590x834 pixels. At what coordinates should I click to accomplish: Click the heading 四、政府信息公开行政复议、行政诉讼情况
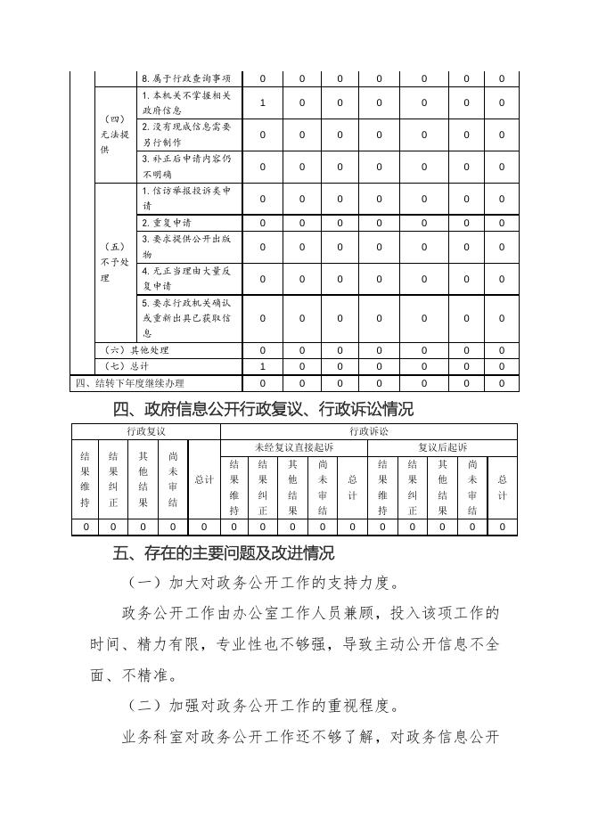264,410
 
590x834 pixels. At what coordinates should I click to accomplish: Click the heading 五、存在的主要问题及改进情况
225,553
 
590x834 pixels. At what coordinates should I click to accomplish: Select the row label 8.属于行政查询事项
186,78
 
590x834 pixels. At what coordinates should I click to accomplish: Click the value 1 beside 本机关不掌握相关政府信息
262,102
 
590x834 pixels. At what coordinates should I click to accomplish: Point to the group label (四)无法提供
116,135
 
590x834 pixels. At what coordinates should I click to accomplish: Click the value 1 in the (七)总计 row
262,366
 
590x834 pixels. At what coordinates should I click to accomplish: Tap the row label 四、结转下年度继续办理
127,383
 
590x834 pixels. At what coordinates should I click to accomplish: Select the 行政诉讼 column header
368,431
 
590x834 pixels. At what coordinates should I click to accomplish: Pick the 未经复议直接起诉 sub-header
293,447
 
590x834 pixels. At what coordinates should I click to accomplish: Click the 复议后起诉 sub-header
442,447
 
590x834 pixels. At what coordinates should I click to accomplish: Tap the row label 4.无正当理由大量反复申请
186,278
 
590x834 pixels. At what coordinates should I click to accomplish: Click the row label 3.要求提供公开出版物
186,247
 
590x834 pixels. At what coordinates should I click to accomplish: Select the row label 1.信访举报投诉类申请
186,198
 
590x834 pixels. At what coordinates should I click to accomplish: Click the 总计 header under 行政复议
204,479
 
